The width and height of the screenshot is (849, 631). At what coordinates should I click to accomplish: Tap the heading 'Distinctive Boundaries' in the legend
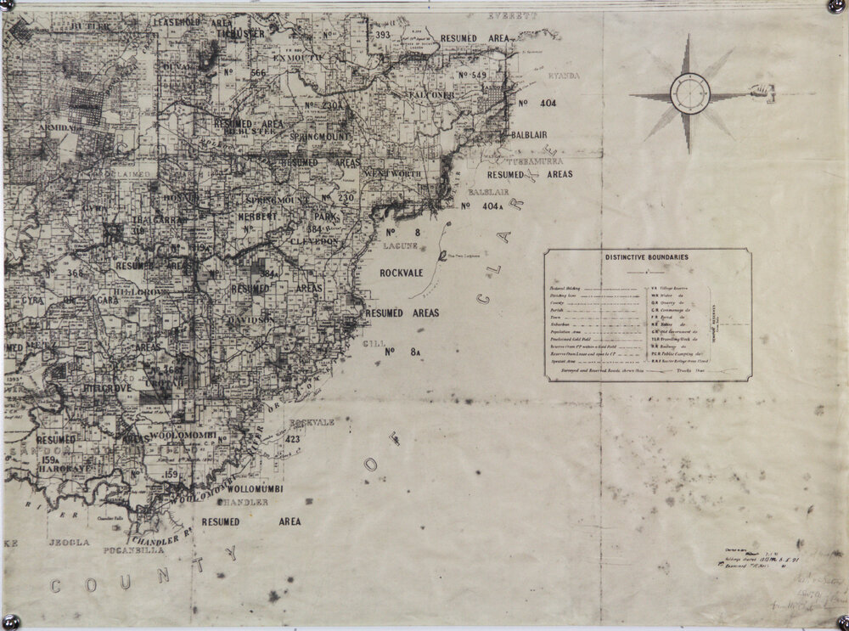(647, 256)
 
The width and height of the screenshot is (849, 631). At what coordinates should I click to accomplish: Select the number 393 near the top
(382, 35)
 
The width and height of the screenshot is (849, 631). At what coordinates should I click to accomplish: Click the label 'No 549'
(472, 76)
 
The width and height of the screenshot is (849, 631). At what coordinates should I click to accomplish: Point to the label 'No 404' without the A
(535, 104)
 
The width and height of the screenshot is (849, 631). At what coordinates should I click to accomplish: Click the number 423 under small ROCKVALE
(294, 439)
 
